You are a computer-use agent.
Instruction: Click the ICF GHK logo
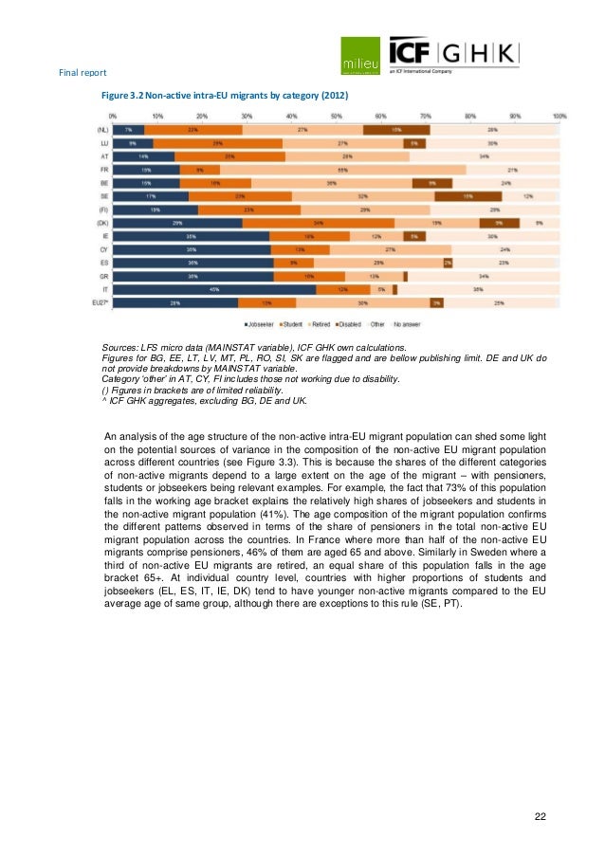[453, 54]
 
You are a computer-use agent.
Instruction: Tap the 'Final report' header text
[82, 73]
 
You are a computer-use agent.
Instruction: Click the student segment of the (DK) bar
[318, 222]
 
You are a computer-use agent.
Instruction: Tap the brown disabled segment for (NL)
[395, 129]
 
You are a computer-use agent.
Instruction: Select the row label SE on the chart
[104, 195]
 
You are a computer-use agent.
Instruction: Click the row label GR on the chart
[104, 276]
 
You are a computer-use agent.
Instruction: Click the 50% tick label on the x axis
[336, 116]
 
